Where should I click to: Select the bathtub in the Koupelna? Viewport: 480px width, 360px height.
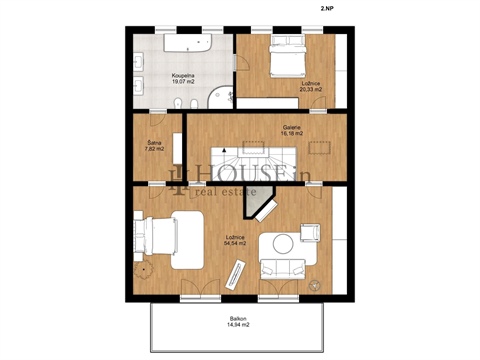[x=184, y=46]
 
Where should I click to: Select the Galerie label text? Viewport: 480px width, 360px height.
[x=291, y=127]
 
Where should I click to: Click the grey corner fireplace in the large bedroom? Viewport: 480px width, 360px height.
[x=264, y=207]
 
